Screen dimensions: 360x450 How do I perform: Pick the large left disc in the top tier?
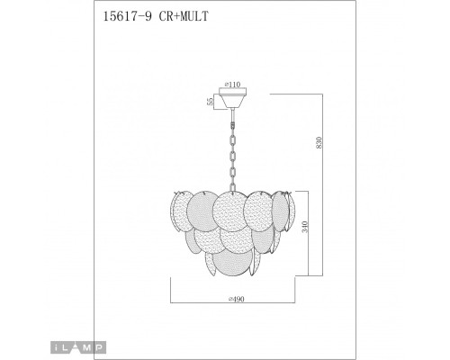(193, 214)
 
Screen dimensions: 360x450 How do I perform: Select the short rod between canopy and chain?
(235, 112)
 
